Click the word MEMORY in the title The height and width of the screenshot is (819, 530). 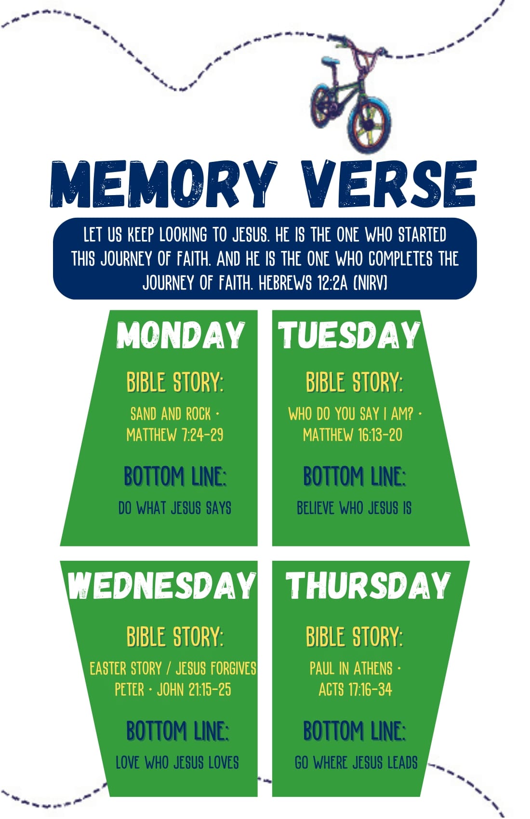(163, 184)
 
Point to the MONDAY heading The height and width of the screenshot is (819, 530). (181, 335)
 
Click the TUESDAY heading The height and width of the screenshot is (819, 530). (349, 335)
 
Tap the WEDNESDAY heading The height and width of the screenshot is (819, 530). (162, 585)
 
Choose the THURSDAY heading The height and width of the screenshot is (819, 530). (368, 585)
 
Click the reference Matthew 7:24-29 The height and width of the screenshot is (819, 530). (175, 435)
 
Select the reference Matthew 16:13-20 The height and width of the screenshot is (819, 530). (353, 435)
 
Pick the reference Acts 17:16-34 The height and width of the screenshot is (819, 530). (355, 689)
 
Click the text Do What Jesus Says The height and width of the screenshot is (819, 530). (175, 508)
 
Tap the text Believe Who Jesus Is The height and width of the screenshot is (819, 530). (354, 508)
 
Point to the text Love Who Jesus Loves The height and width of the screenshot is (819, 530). (177, 763)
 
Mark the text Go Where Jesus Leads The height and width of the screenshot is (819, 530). (356, 763)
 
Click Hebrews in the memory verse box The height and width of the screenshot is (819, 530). (285, 283)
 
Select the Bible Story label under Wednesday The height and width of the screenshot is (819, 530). (175, 636)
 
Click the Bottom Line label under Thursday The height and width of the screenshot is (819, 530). (355, 730)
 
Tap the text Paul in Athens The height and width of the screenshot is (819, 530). (351, 668)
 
